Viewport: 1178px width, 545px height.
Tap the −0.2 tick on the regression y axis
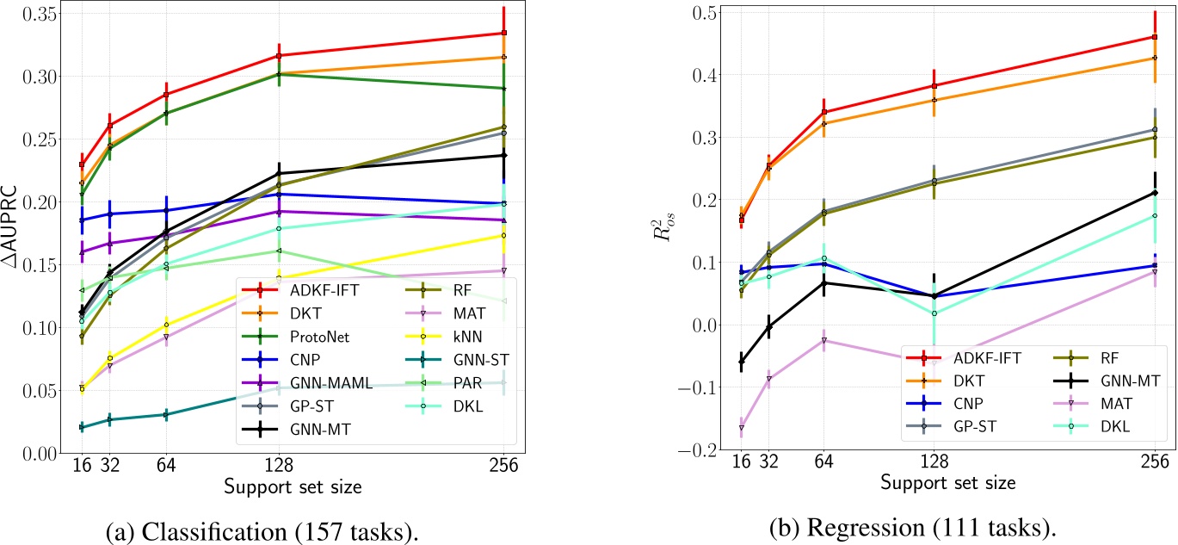705,450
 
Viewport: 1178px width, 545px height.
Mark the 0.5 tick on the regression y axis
711,12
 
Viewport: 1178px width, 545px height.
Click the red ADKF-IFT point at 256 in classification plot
503,33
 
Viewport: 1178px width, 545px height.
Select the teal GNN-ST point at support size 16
81,427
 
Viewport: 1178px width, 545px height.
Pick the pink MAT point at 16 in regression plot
741,428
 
